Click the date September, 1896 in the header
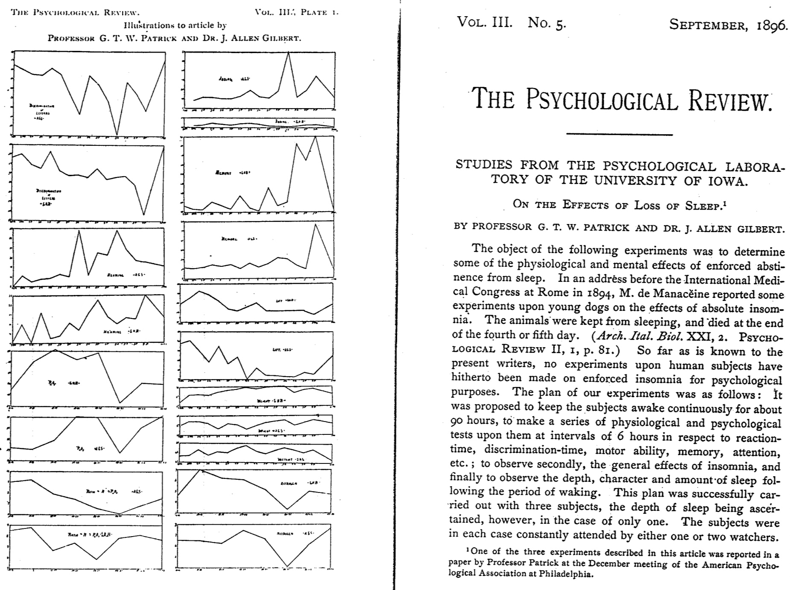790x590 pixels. [728, 25]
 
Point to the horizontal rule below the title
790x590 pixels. [619, 134]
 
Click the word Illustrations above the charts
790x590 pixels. [147, 25]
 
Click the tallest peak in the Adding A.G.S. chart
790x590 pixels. [289, 53]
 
